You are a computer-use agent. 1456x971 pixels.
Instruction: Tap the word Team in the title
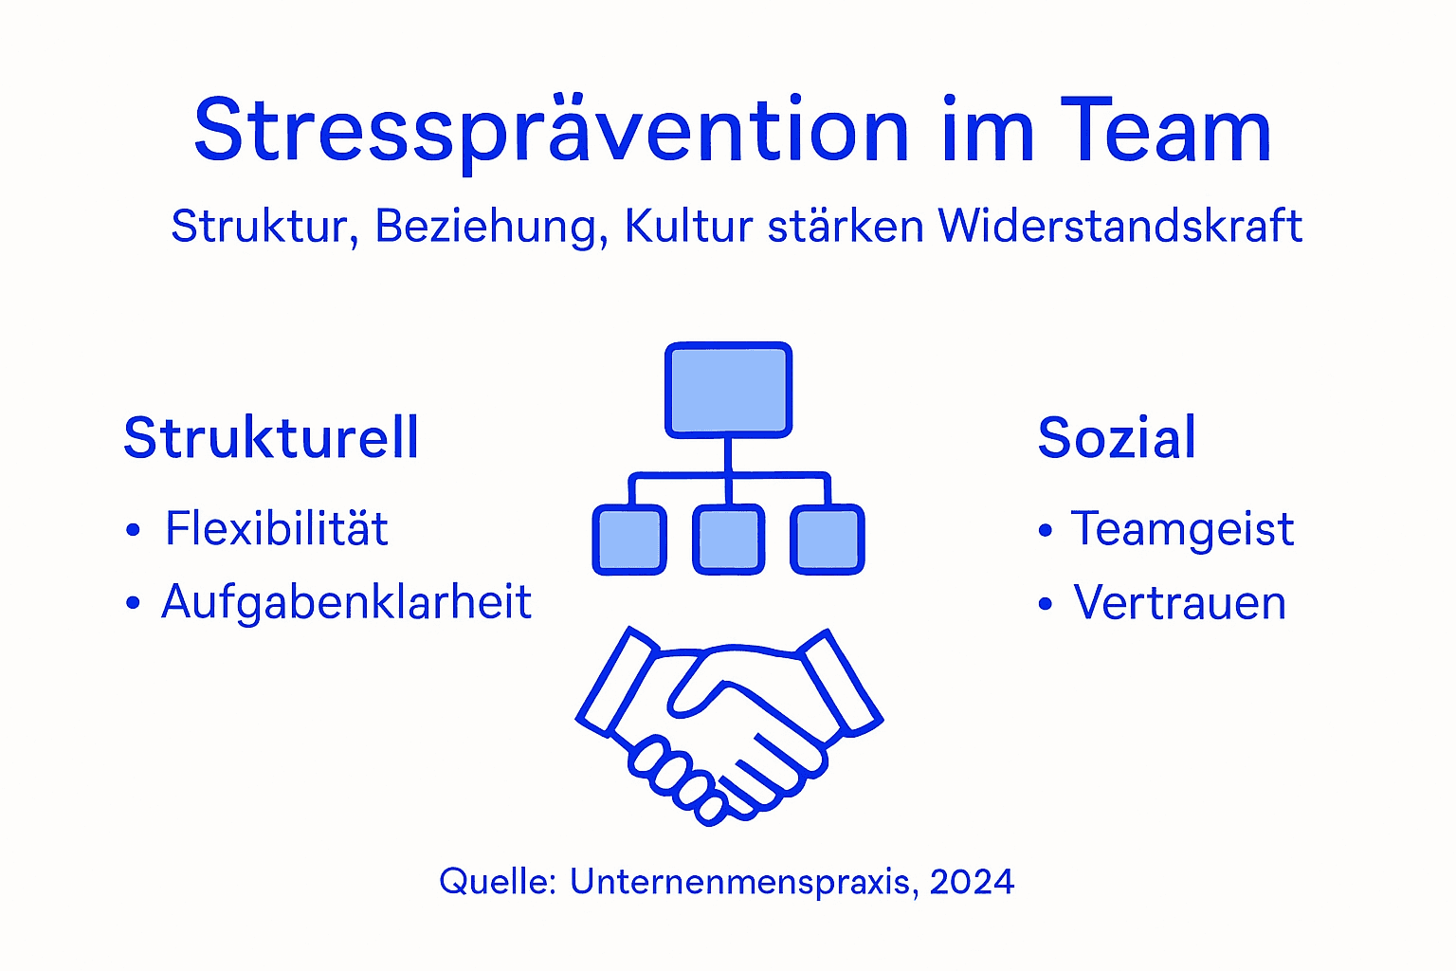click(x=1165, y=131)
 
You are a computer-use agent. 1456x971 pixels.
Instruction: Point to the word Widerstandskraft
click(x=1119, y=226)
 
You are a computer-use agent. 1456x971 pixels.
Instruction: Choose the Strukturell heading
click(x=271, y=438)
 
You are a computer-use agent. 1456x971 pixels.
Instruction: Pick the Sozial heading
click(x=1117, y=438)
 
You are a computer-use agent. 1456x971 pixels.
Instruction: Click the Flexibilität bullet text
click(x=277, y=529)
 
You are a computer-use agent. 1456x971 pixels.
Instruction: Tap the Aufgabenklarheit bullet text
click(x=346, y=602)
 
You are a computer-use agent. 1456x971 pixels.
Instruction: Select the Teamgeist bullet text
click(x=1182, y=529)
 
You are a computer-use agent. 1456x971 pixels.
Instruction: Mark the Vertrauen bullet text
click(x=1179, y=603)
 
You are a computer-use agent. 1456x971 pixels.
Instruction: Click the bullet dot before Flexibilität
click(x=133, y=530)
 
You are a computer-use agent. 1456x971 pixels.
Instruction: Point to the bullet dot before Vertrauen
click(x=1046, y=604)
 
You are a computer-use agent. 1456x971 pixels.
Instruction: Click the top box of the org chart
click(x=728, y=390)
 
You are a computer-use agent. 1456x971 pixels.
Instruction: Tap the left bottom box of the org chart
click(x=629, y=540)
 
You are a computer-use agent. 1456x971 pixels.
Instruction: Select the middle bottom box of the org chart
click(x=728, y=540)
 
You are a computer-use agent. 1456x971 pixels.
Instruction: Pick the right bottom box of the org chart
click(x=828, y=540)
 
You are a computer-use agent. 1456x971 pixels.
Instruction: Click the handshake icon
click(x=729, y=725)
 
